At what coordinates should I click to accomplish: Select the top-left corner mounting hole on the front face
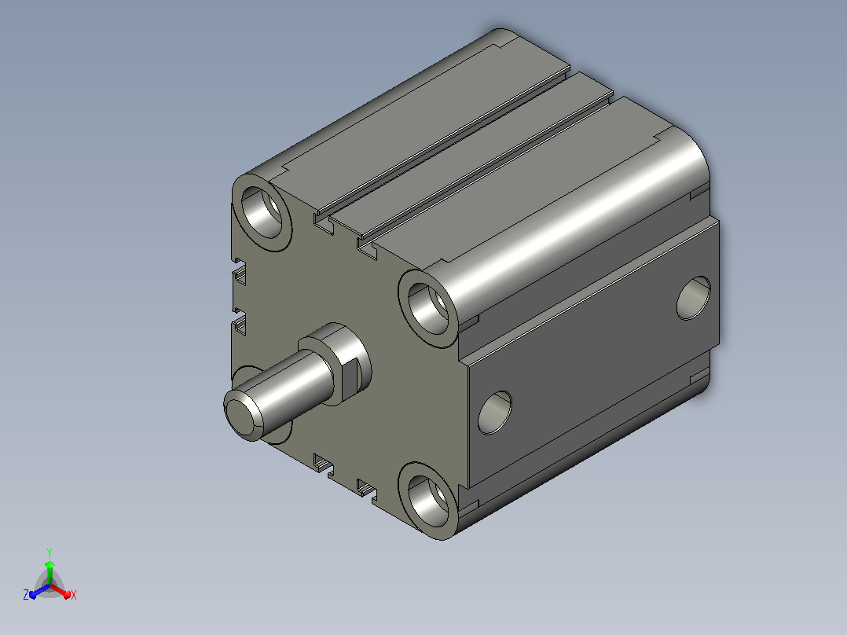(262, 211)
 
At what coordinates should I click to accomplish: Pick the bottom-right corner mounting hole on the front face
(428, 500)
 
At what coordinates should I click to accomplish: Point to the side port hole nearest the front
(495, 413)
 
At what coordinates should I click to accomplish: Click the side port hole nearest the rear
(694, 298)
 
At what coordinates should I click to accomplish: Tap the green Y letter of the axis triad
(49, 553)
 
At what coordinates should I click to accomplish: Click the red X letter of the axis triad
(74, 595)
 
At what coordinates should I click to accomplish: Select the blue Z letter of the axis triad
(26, 595)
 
